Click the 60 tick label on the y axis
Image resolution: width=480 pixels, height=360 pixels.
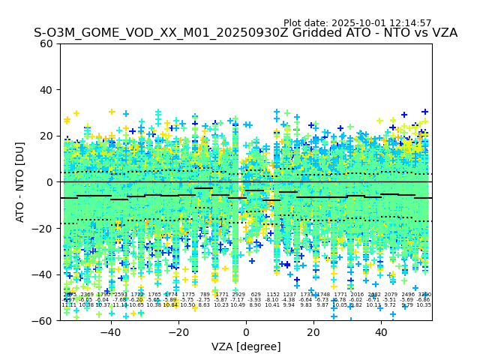[47, 43]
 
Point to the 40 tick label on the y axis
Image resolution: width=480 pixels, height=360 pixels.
[47, 90]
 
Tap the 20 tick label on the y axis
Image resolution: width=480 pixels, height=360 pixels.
[47, 136]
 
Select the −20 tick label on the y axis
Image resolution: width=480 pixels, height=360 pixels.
[44, 228]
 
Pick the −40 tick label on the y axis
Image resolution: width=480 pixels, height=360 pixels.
[44, 274]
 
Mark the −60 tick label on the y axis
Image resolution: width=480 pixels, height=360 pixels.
[44, 320]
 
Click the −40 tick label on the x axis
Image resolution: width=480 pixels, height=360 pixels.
[110, 331]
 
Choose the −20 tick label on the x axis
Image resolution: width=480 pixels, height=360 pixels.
[178, 331]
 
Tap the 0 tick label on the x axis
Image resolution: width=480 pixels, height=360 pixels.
[246, 331]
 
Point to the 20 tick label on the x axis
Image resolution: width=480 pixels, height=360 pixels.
[313, 331]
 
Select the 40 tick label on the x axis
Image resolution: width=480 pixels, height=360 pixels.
[381, 331]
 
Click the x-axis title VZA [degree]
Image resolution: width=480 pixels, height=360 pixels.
[246, 346]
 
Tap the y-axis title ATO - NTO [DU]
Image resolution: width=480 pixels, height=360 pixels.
[21, 181]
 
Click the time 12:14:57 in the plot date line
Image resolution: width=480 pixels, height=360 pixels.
[411, 23]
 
